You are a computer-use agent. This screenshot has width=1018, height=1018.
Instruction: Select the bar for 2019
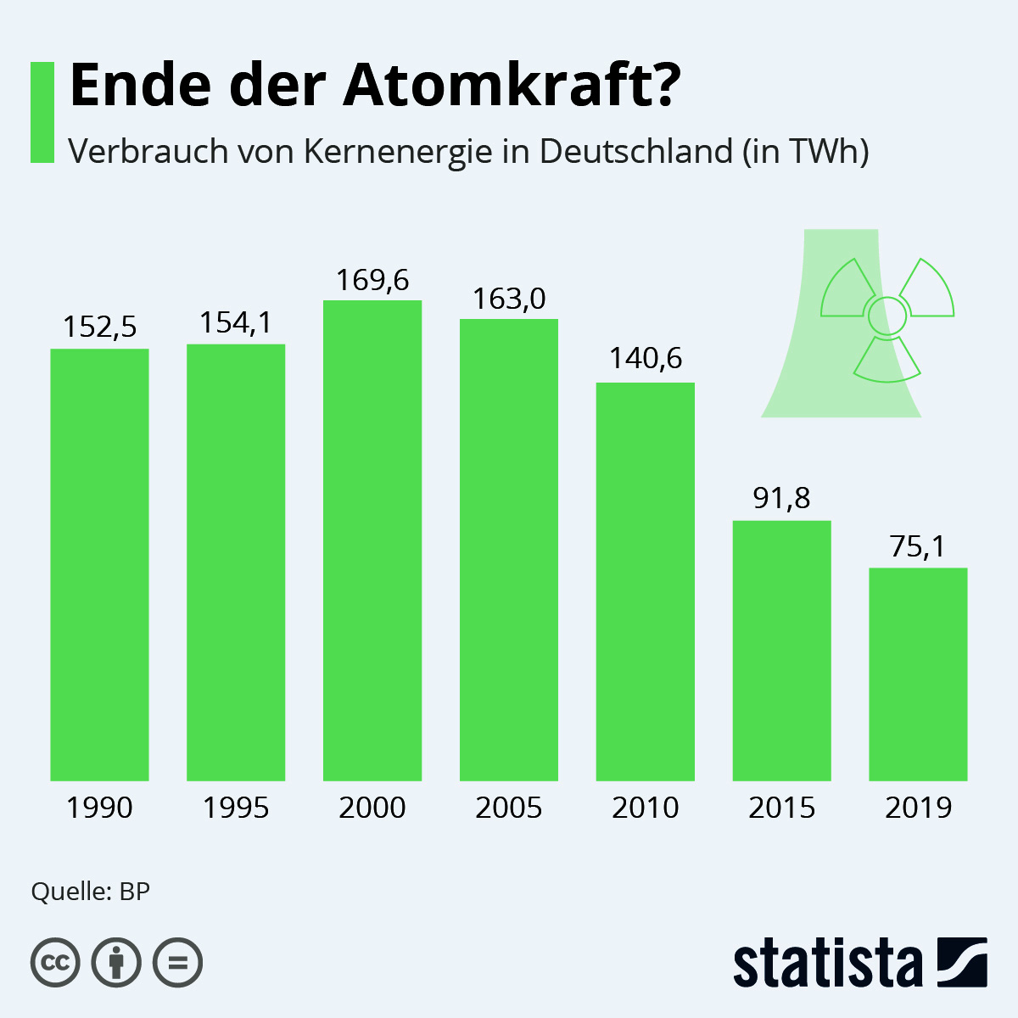pyautogui.click(x=918, y=674)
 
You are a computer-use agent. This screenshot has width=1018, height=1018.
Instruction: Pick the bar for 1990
pyautogui.click(x=99, y=564)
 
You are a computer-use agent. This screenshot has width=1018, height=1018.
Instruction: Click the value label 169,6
pyautogui.click(x=372, y=280)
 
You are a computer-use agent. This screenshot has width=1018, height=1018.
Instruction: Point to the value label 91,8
pyautogui.click(x=781, y=498)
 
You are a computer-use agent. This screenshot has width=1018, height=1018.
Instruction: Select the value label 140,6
pyautogui.click(x=646, y=359)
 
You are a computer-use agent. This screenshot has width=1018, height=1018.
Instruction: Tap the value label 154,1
pyautogui.click(x=236, y=323)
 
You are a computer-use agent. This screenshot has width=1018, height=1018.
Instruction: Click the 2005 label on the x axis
pyautogui.click(x=509, y=808)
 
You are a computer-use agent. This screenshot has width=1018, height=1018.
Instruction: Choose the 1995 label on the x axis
pyautogui.click(x=236, y=808)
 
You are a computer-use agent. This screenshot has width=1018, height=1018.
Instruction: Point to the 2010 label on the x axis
pyautogui.click(x=646, y=808)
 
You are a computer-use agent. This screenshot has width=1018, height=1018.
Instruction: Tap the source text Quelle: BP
pyautogui.click(x=90, y=892)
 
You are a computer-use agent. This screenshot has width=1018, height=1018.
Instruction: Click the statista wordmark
pyautogui.click(x=827, y=964)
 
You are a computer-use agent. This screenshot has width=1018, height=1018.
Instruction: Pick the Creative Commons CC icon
pyautogui.click(x=55, y=963)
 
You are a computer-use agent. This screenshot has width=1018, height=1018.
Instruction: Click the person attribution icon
pyautogui.click(x=116, y=963)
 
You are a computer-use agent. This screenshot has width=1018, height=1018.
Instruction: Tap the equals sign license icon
pyautogui.click(x=177, y=963)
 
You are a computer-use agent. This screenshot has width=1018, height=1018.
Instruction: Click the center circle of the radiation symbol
pyautogui.click(x=887, y=316)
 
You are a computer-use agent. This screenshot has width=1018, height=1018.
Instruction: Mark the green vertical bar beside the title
pyautogui.click(x=42, y=112)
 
